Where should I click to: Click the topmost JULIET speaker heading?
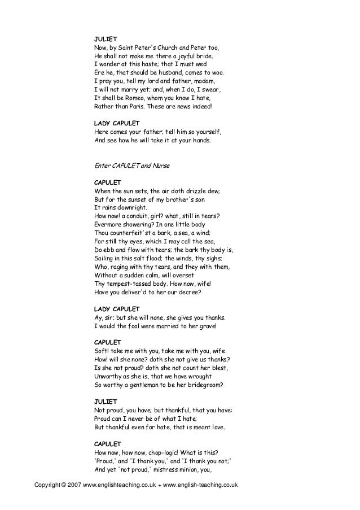(105, 38)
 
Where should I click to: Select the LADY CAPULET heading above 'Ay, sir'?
(117, 309)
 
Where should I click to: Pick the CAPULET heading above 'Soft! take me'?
(107, 342)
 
